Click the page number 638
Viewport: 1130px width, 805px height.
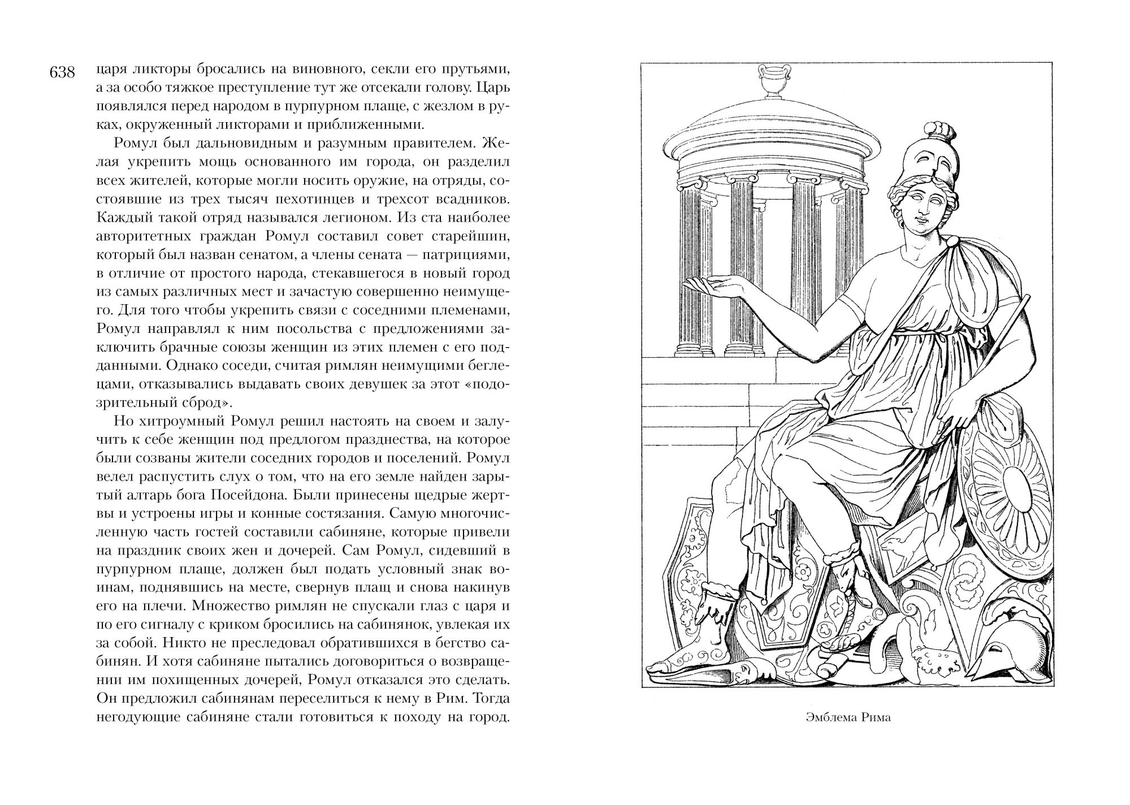[x=63, y=73]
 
